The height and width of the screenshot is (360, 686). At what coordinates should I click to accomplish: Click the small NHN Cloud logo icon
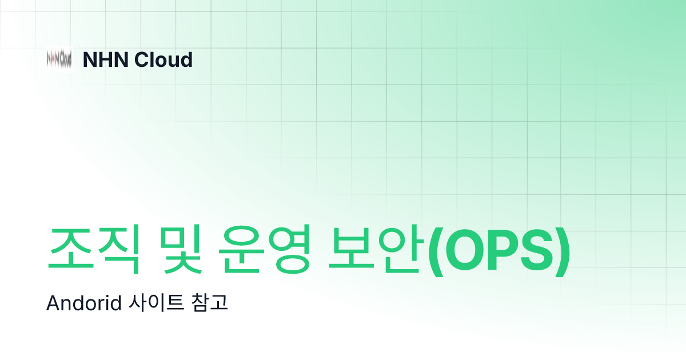(59, 59)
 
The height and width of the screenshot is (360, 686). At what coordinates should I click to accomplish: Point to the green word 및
(178, 250)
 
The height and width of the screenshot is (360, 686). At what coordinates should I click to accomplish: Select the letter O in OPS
(464, 250)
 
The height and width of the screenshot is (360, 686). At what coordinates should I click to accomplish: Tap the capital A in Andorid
(52, 303)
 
